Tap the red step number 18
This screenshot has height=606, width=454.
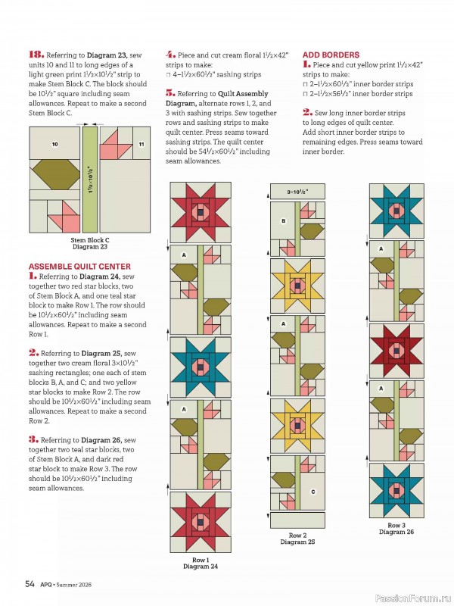pyautogui.click(x=36, y=55)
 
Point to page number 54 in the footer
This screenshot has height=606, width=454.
pyautogui.click(x=30, y=583)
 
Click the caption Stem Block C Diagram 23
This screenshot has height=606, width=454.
pyautogui.click(x=89, y=243)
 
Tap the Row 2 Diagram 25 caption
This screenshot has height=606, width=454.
pyautogui.click(x=297, y=539)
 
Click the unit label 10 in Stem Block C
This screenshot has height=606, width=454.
pyautogui.click(x=54, y=144)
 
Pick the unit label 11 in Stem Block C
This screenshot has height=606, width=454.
pyautogui.click(x=141, y=144)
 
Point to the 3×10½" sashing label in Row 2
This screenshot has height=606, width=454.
pyautogui.click(x=297, y=192)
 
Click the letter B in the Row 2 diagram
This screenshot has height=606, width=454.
pyautogui.click(x=284, y=221)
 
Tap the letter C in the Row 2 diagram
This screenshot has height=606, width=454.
pyautogui.click(x=313, y=492)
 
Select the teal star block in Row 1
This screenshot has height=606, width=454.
pyautogui.click(x=200, y=367)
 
